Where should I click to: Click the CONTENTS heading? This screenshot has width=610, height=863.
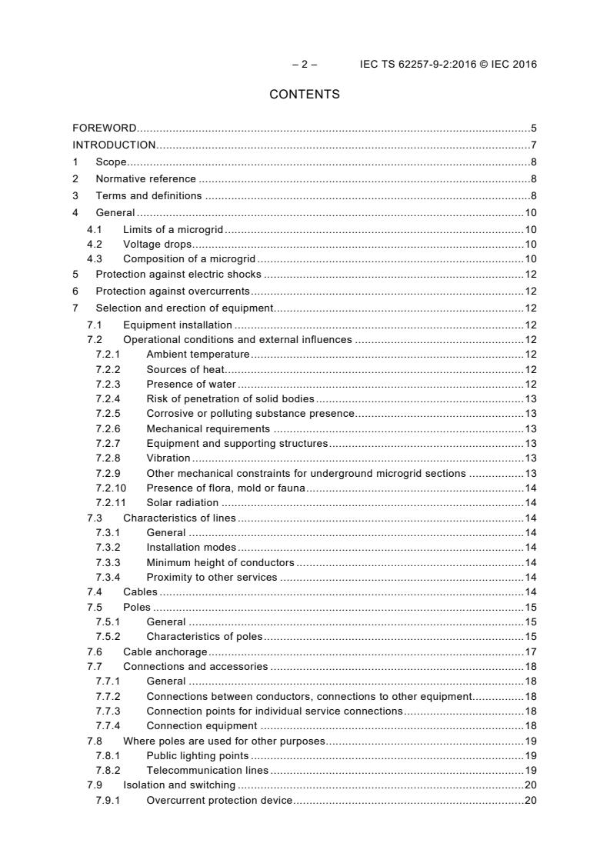tap(305, 95)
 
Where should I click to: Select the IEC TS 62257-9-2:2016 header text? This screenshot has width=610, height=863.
tap(448, 64)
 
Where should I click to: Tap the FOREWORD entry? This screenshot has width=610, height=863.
tap(105, 128)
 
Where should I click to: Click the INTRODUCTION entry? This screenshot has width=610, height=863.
tap(114, 145)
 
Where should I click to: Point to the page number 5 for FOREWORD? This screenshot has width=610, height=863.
tap(533, 128)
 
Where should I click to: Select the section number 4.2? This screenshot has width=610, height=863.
tap(95, 244)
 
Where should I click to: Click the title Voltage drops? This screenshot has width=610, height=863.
tap(158, 244)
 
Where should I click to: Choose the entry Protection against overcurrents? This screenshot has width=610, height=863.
tap(172, 291)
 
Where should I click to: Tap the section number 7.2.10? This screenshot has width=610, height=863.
tap(110, 488)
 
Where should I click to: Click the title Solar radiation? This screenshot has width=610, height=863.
tap(182, 503)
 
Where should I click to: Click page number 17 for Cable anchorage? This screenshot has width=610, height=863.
tap(530, 651)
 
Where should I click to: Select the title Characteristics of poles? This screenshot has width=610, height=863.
tap(204, 636)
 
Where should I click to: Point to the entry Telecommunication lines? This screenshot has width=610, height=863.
tap(207, 770)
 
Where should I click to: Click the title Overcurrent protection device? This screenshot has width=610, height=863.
tap(219, 800)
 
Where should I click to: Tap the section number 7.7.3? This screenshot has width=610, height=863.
tap(108, 711)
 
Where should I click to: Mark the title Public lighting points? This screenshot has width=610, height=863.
tap(197, 755)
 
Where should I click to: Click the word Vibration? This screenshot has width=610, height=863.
tap(168, 458)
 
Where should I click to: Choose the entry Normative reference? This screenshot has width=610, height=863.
tap(145, 178)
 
